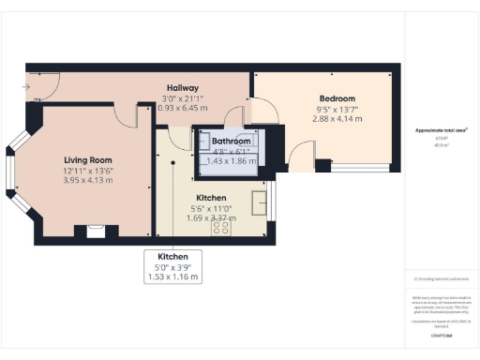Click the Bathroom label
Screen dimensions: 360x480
231,141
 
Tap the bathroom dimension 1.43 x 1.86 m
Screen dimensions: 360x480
231,161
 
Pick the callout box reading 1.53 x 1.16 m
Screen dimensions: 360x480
172,277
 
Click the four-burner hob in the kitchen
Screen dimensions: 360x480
222,226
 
